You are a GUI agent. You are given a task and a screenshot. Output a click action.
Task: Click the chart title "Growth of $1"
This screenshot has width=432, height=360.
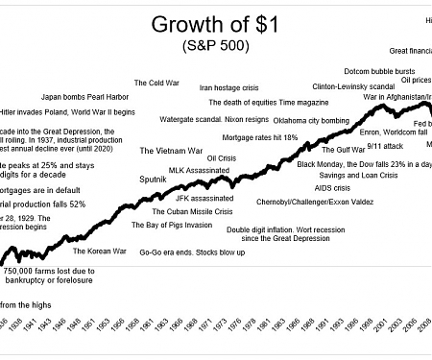click(x=213, y=23)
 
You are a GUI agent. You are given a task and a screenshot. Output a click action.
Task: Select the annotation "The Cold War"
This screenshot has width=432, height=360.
click(x=156, y=84)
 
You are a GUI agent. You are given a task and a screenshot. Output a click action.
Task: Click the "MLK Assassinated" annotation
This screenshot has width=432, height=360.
click(x=200, y=170)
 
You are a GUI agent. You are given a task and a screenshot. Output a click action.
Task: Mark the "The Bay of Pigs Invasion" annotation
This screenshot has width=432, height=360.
click(x=172, y=225)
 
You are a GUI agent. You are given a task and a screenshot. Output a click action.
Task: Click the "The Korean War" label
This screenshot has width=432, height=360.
click(x=100, y=252)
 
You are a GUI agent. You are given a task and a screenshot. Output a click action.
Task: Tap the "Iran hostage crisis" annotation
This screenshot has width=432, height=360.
click(x=230, y=87)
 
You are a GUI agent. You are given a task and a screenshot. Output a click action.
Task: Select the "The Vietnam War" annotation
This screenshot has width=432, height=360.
click(x=171, y=151)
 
